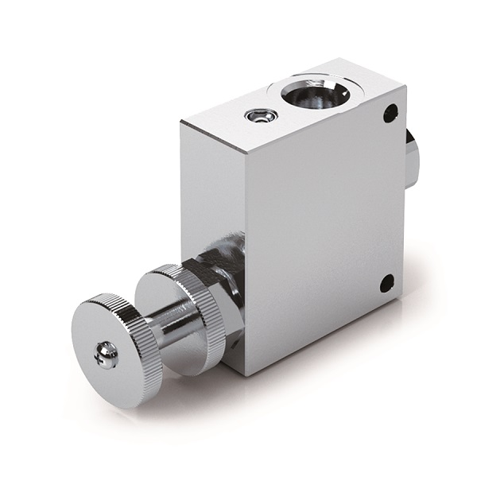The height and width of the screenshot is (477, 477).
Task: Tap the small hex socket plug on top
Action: [x=260, y=116]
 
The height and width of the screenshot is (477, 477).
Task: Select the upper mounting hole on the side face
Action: [x=390, y=113]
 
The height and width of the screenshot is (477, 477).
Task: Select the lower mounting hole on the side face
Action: [x=386, y=282]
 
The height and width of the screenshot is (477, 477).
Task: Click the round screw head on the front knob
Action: [x=107, y=355]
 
